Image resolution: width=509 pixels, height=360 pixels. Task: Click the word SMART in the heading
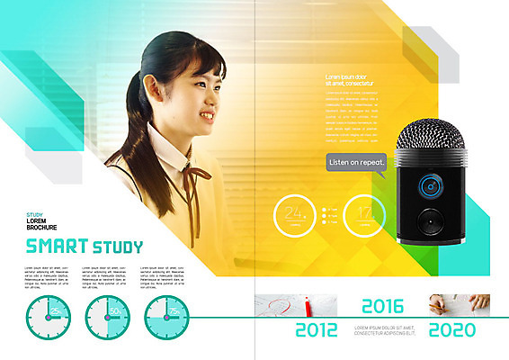[56, 246]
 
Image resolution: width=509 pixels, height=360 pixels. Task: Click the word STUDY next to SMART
[117, 246]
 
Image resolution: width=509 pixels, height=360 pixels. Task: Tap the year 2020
[452, 329]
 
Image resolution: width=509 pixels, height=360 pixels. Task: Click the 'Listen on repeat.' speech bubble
[357, 162]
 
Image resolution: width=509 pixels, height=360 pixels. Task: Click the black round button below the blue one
[430, 219]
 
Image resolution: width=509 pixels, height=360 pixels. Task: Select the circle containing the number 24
[292, 214]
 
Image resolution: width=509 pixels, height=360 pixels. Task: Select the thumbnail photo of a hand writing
[459, 304]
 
